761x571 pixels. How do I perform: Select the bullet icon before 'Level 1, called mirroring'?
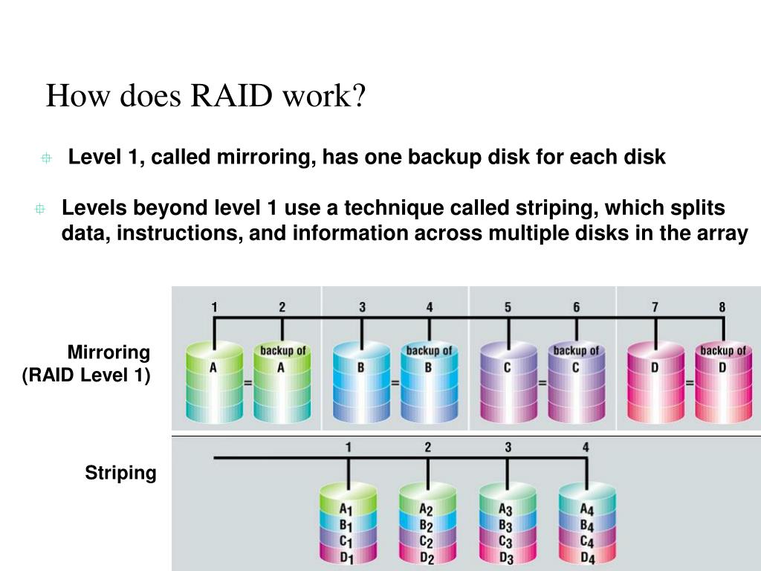coord(46,158)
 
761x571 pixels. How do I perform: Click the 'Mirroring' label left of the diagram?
coord(109,352)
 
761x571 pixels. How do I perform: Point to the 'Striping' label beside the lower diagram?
coord(120,473)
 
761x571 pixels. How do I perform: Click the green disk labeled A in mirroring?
coord(213,383)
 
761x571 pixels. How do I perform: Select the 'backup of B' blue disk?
coord(428,383)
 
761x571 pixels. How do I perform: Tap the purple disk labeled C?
coord(508,383)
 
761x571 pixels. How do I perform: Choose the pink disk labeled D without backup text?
coord(655,383)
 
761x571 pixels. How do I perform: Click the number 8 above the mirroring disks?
coord(722,307)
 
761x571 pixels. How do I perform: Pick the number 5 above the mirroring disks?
coord(508,307)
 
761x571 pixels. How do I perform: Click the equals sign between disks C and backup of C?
coord(543,383)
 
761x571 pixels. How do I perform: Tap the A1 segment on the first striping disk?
coord(347,510)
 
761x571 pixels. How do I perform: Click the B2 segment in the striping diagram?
coord(427,526)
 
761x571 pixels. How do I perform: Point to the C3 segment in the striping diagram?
coord(506,541)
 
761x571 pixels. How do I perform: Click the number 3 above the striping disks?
coord(508,448)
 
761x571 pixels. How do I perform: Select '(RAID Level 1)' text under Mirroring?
coord(86,375)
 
